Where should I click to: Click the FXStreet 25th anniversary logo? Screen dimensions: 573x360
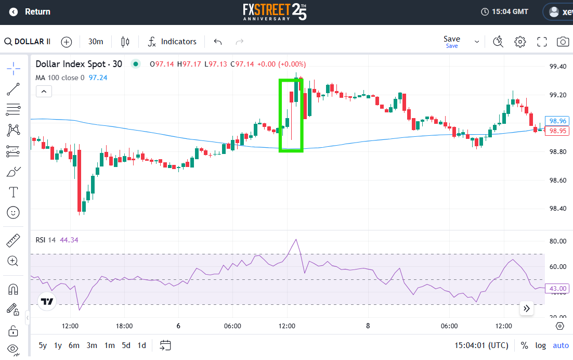pyautogui.click(x=275, y=11)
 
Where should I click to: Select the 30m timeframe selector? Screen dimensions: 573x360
pyautogui.click(x=96, y=42)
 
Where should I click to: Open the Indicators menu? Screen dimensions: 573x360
pyautogui.click(x=172, y=42)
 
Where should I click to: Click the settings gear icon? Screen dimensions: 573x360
pyautogui.click(x=520, y=42)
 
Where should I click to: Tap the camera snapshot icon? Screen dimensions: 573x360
pyautogui.click(x=563, y=42)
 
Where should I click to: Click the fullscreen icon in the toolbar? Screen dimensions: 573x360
pyautogui.click(x=542, y=42)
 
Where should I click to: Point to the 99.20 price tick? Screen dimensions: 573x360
pyautogui.click(x=557, y=95)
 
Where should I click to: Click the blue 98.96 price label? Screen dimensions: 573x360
pyautogui.click(x=557, y=121)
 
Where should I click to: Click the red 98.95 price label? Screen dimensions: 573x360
pyautogui.click(x=557, y=131)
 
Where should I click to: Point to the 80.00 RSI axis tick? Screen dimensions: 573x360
pyautogui.click(x=557, y=241)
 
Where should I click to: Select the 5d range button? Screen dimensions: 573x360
pyautogui.click(x=126, y=345)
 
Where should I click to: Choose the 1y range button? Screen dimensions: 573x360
pyautogui.click(x=58, y=345)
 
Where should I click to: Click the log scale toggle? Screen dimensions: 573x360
pyautogui.click(x=540, y=345)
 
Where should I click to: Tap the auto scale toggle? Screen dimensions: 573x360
pyautogui.click(x=561, y=345)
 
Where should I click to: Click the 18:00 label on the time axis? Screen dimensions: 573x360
pyautogui.click(x=124, y=326)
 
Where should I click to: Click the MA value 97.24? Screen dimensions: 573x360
pyautogui.click(x=98, y=78)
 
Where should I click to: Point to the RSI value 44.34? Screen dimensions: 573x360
pyautogui.click(x=69, y=240)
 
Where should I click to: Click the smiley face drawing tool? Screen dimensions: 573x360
pyautogui.click(x=13, y=213)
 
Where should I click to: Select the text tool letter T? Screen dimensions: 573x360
pyautogui.click(x=13, y=192)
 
